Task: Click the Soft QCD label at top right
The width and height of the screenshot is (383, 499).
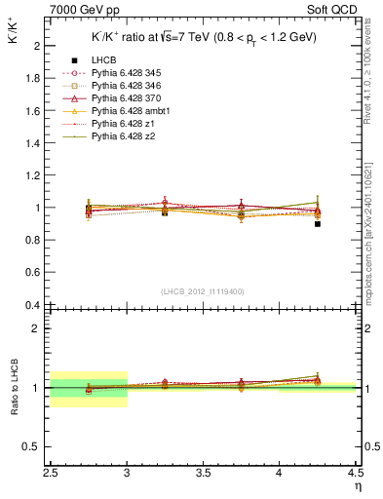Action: point(334,9)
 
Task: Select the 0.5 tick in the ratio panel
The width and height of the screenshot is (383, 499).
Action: point(33,446)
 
